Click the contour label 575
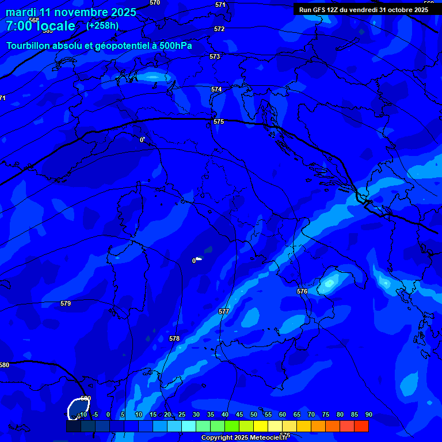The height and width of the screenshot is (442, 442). (x=219, y=121)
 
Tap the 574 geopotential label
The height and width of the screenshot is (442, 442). (x=216, y=89)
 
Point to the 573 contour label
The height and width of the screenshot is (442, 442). (x=215, y=56)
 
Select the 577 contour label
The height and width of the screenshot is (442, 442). (x=224, y=311)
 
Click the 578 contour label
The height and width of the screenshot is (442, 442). (x=174, y=338)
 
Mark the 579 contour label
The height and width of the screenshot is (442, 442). (x=66, y=303)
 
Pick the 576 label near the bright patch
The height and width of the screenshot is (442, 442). (x=302, y=291)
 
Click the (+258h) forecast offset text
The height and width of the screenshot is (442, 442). (x=102, y=25)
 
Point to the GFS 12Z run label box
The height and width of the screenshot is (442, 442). (x=363, y=9)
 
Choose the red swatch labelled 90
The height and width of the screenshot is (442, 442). (x=361, y=426)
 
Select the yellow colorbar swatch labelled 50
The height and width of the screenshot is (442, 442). (x=260, y=426)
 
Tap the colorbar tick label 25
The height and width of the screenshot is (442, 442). (x=182, y=414)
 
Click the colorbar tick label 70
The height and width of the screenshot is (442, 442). (x=311, y=414)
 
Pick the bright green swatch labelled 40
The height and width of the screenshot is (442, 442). (x=231, y=426)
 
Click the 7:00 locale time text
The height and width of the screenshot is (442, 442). (x=40, y=26)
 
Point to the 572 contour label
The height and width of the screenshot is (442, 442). (x=219, y=29)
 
